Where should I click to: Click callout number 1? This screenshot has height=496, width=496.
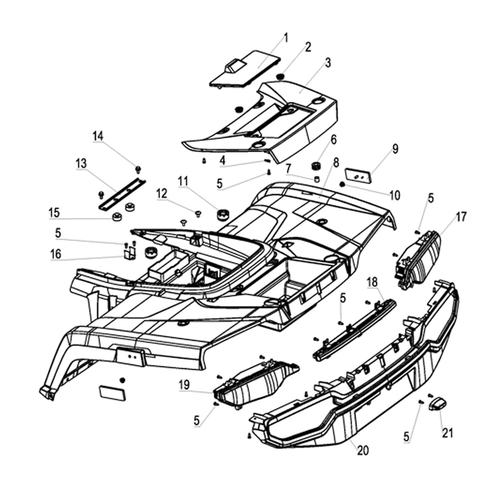point(286,38)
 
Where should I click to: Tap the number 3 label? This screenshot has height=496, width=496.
point(328,63)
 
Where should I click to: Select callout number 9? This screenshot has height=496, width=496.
point(395,149)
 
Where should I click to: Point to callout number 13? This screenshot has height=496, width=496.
point(81,163)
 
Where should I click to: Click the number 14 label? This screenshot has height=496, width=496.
point(98,135)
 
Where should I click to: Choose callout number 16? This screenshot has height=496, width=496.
point(56,254)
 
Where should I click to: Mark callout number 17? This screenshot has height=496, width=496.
point(461,216)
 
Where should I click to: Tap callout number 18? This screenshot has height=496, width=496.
point(372,282)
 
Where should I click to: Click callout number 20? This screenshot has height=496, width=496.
point(363,450)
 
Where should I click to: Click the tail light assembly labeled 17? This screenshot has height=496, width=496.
point(419,258)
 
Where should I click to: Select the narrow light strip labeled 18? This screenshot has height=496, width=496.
point(355,329)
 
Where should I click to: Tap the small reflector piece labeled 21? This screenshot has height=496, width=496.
point(437,403)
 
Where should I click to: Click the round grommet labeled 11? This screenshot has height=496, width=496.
point(223,215)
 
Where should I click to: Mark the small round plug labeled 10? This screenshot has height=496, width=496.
point(342,185)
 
